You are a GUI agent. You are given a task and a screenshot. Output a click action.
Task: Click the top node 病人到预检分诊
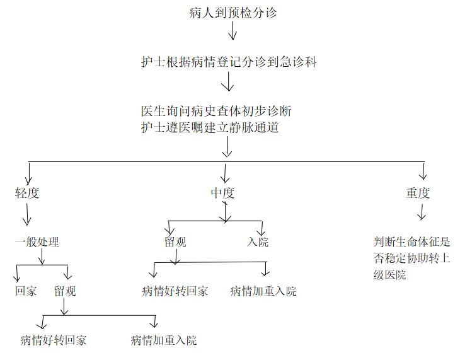pyautogui.click(x=233, y=13)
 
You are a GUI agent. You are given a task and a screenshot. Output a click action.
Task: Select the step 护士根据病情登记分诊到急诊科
pyautogui.click(x=229, y=62)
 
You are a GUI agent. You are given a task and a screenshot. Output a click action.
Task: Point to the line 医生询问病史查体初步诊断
pyautogui.click(x=216, y=111)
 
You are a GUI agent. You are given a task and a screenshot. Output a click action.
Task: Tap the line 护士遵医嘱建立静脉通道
pyautogui.click(x=210, y=127)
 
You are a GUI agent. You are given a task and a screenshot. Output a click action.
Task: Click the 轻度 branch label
pyautogui.click(x=27, y=193)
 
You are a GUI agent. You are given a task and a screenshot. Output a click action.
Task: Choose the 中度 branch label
pyautogui.click(x=222, y=193)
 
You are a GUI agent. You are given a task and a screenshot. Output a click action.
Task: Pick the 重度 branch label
pyautogui.click(x=418, y=193)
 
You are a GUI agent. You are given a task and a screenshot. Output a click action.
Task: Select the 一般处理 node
pyautogui.click(x=37, y=242)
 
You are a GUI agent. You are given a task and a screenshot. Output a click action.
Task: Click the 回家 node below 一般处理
pyautogui.click(x=26, y=291)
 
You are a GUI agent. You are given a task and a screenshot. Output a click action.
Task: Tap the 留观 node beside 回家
pyautogui.click(x=65, y=291)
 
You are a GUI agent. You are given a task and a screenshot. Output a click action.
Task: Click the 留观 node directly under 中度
pyautogui.click(x=175, y=242)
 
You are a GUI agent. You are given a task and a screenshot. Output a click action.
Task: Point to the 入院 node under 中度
pyautogui.click(x=258, y=242)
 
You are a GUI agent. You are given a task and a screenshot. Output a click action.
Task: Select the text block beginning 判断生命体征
pyautogui.click(x=411, y=258)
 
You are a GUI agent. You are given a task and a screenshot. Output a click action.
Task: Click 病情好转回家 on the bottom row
pyautogui.click(x=54, y=340)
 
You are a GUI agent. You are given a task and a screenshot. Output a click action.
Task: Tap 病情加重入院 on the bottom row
pyautogui.click(x=164, y=340)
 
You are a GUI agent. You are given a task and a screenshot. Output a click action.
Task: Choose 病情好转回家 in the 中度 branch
pyautogui.click(x=175, y=291)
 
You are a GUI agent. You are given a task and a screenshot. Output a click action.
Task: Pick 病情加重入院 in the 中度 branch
pyautogui.click(x=263, y=291)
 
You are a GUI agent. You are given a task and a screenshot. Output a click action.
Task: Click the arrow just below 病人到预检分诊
pyautogui.click(x=233, y=31)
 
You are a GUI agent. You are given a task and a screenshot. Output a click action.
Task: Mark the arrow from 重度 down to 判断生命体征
pyautogui.click(x=422, y=212)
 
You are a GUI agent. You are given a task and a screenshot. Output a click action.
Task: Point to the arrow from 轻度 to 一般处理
pyautogui.click(x=27, y=214)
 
